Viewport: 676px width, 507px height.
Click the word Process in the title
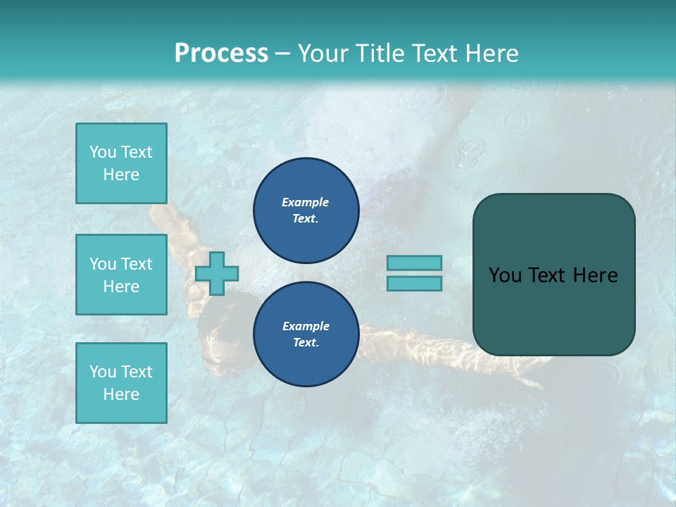tap(221, 54)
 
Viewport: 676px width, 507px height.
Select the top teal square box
tap(121, 163)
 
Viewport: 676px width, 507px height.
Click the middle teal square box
tap(121, 275)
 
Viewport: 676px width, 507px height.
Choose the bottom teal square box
tap(121, 383)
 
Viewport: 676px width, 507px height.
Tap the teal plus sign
tap(217, 273)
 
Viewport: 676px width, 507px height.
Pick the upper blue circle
tap(306, 210)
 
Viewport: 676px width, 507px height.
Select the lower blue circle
tap(306, 334)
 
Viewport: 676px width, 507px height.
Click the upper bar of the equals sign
tap(414, 263)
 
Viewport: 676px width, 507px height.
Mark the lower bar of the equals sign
tap(414, 283)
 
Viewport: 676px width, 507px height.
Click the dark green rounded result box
tap(553, 275)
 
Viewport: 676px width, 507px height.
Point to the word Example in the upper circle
tap(305, 202)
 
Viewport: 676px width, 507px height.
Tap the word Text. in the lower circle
tap(305, 343)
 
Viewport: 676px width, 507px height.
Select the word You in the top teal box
tap(101, 152)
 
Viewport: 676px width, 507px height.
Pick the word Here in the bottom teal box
tap(121, 394)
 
